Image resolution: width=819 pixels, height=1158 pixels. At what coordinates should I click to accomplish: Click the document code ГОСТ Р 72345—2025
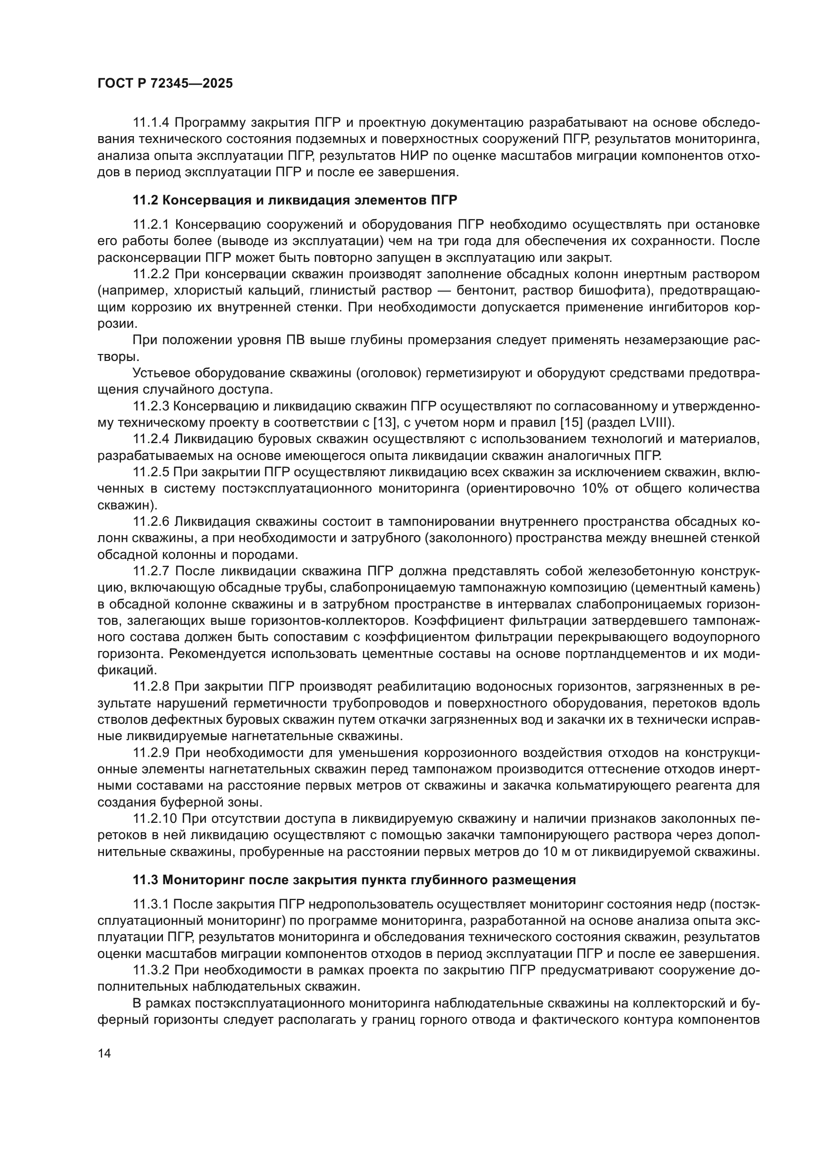click(165, 84)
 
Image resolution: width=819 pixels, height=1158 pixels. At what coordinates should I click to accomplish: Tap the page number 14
click(104, 1053)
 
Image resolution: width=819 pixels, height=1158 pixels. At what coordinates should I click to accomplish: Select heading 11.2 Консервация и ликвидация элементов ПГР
click(295, 200)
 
